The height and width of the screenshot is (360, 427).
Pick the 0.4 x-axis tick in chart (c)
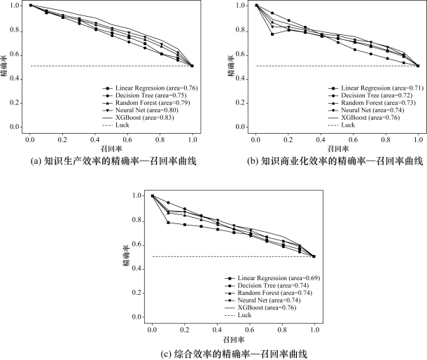coord(217,328)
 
